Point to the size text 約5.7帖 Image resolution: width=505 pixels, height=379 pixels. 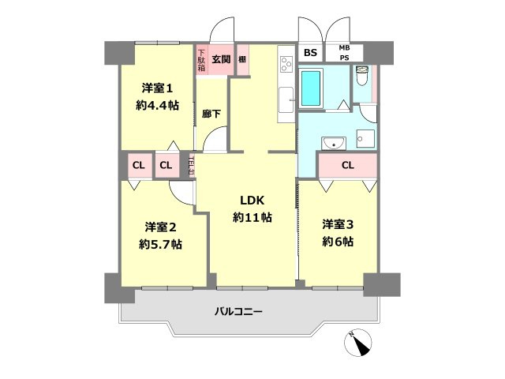coord(160,244)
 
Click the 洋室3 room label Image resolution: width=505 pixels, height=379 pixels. coord(337,224)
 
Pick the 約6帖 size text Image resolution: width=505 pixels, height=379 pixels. coord(337,242)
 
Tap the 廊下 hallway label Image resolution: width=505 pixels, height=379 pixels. coord(211,114)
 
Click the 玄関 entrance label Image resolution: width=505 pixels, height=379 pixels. coord(221,58)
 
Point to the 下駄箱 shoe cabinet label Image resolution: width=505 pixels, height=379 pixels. coord(201,61)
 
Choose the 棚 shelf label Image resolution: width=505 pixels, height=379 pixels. coord(241,59)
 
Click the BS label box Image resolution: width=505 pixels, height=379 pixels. coord(310,53)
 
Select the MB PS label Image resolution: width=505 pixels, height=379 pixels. coord(345,53)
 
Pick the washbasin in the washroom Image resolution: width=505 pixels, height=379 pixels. coord(331,143)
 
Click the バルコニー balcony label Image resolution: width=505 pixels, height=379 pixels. coord(238,311)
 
